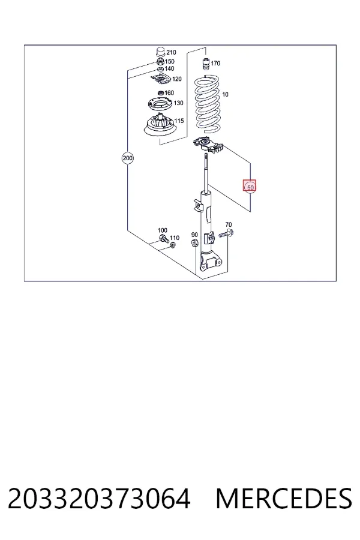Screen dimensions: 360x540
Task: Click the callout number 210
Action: click(171, 52)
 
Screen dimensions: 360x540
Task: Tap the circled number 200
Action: click(127, 158)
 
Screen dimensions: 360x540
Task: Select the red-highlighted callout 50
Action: click(250, 187)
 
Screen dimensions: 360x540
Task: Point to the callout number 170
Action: click(215, 64)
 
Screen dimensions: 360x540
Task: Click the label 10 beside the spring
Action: click(225, 94)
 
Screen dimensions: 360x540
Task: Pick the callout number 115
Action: click(179, 121)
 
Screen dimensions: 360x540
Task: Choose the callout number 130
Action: click(178, 103)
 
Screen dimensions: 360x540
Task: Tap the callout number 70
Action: click(229, 225)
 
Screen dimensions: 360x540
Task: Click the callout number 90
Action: click(194, 235)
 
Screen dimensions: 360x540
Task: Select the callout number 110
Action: click(175, 238)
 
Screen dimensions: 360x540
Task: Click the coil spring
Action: click(207, 104)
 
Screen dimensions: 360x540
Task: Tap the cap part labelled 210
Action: click(160, 52)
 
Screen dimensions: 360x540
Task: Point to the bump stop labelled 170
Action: click(206, 64)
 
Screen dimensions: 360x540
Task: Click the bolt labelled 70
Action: click(226, 234)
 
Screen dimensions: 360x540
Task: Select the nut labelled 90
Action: click(194, 243)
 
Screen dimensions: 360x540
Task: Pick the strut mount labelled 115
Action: click(160, 126)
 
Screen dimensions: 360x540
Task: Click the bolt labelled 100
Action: click(163, 238)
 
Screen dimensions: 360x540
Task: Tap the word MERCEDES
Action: click(284, 499)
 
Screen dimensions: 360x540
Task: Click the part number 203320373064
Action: click(99, 499)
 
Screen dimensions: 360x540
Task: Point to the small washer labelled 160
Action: click(160, 93)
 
